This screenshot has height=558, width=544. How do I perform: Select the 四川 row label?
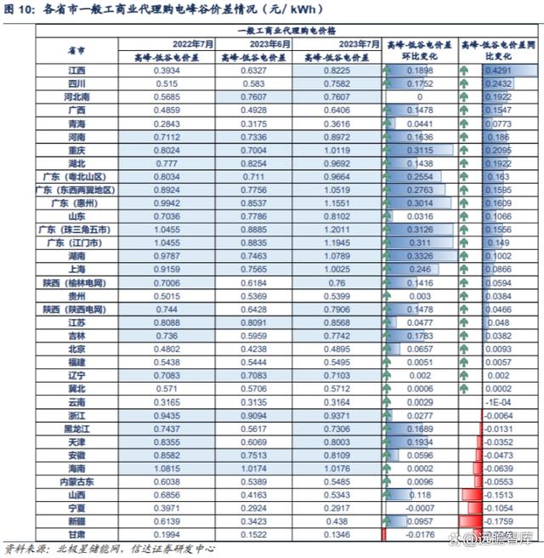tap(76, 84)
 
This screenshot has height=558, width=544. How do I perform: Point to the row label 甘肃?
tap(76, 533)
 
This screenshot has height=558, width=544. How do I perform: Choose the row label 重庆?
tap(76, 151)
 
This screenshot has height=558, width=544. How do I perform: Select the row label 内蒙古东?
tap(76, 481)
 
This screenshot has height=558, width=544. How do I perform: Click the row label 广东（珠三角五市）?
tap(76, 231)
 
